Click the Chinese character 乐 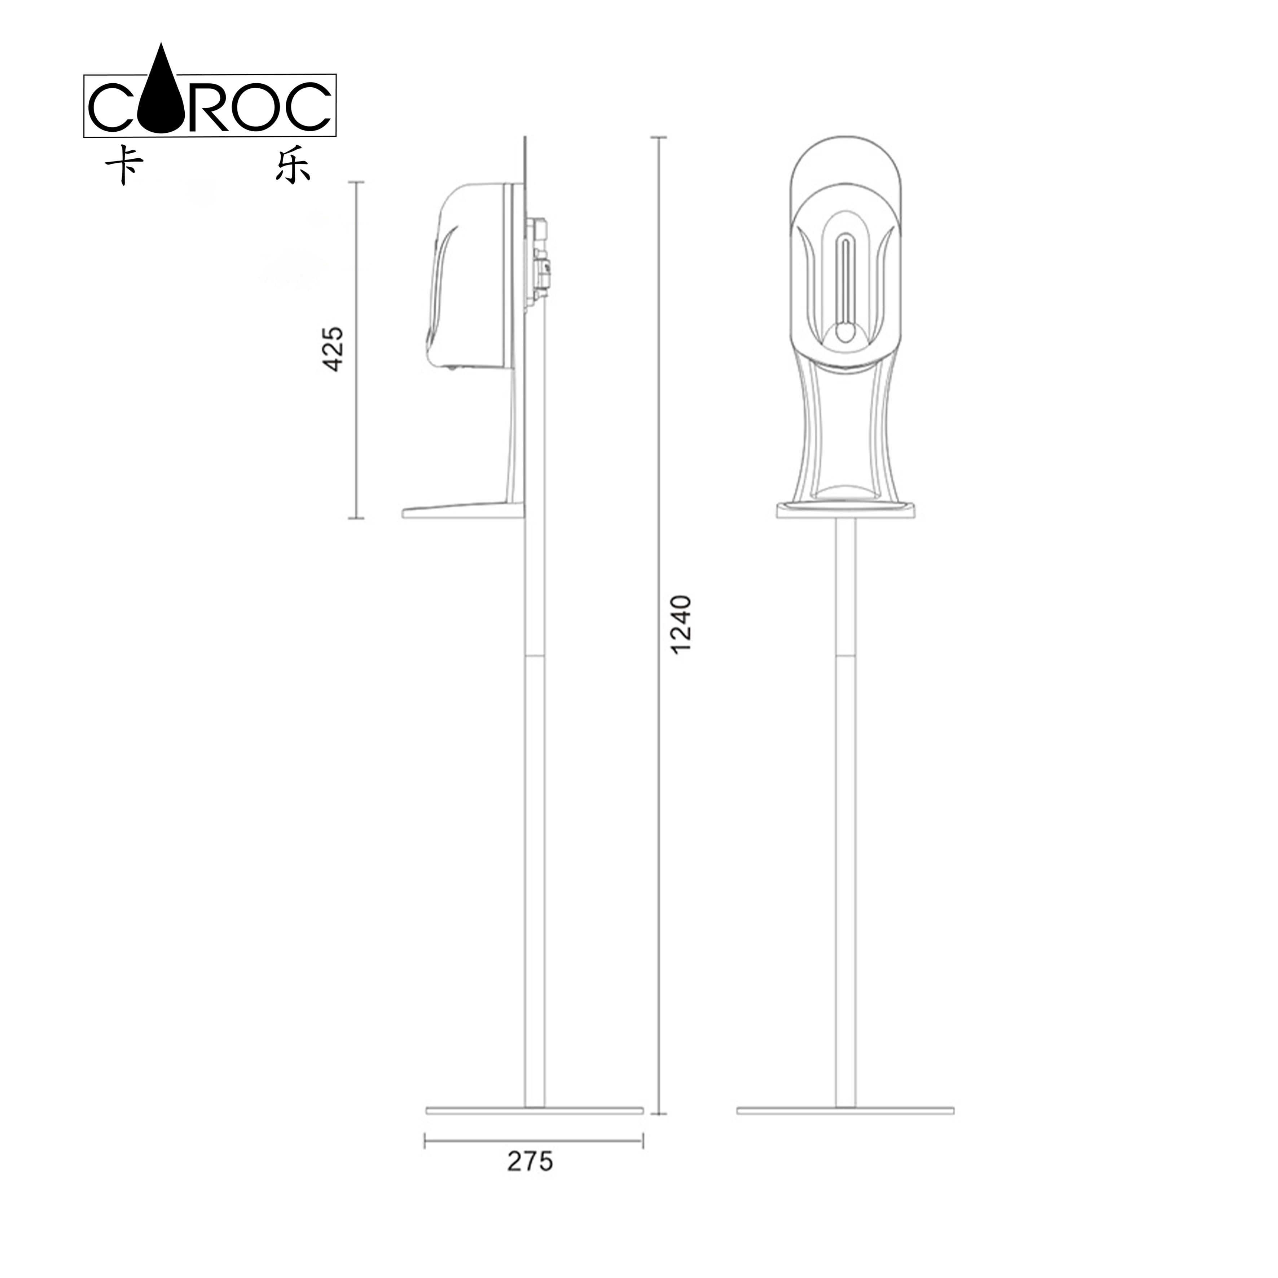pyautogui.click(x=292, y=164)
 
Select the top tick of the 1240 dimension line pyautogui.click(x=658, y=137)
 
